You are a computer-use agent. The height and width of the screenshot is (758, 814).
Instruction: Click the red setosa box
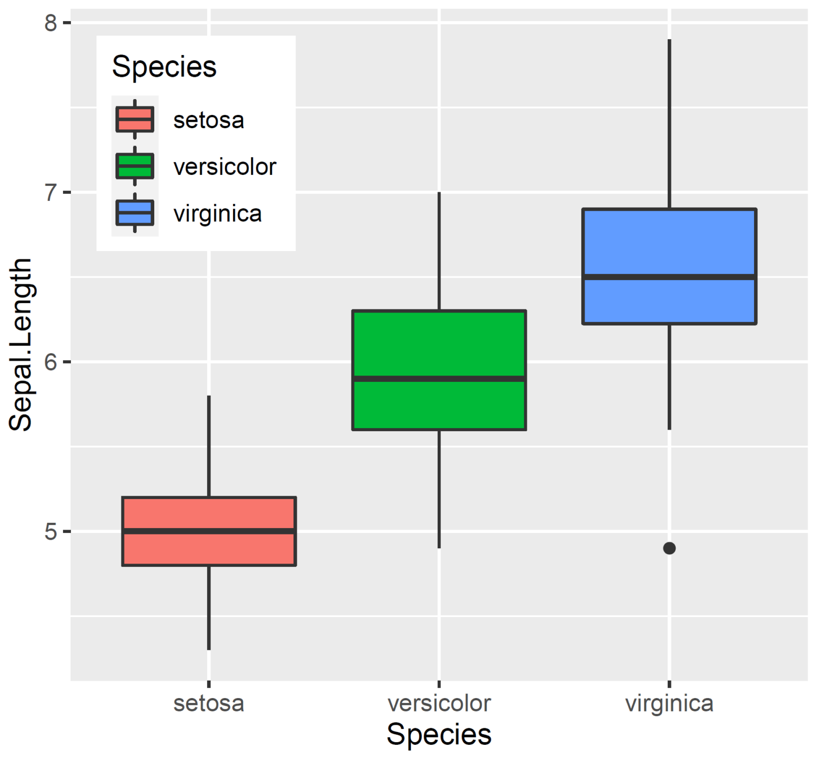tap(209, 548)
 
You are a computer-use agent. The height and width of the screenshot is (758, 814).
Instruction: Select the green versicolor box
tap(439, 344)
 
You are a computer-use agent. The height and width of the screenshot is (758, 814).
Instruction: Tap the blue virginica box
tap(669, 244)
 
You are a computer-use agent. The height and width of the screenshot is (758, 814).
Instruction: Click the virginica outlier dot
tap(669, 548)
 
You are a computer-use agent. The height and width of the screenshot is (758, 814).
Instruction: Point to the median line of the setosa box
tap(209, 531)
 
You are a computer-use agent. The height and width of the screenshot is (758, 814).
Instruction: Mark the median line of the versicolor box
tap(439, 379)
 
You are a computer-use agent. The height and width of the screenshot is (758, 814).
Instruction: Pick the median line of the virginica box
tap(669, 277)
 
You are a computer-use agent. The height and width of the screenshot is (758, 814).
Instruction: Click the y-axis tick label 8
tap(51, 23)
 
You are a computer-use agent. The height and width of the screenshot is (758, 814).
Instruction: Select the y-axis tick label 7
tap(51, 193)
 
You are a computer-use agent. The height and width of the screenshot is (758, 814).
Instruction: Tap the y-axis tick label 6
tap(51, 362)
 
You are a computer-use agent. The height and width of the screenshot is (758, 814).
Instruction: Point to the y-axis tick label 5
tap(51, 532)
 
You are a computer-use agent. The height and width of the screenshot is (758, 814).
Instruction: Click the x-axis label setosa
tap(209, 703)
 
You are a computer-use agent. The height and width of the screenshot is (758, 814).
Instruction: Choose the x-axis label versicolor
tap(439, 703)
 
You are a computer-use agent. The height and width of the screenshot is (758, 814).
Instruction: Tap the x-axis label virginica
tap(669, 703)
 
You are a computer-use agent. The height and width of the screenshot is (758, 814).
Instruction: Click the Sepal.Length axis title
tap(21, 344)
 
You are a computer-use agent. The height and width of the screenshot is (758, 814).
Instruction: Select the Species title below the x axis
tap(439, 734)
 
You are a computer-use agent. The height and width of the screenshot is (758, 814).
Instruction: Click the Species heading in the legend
tap(164, 67)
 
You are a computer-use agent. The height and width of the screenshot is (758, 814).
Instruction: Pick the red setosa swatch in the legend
tap(135, 119)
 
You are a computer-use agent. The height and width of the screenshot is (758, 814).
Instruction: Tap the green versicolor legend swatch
tap(135, 166)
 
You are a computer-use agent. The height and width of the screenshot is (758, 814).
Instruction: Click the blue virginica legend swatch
tap(135, 213)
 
